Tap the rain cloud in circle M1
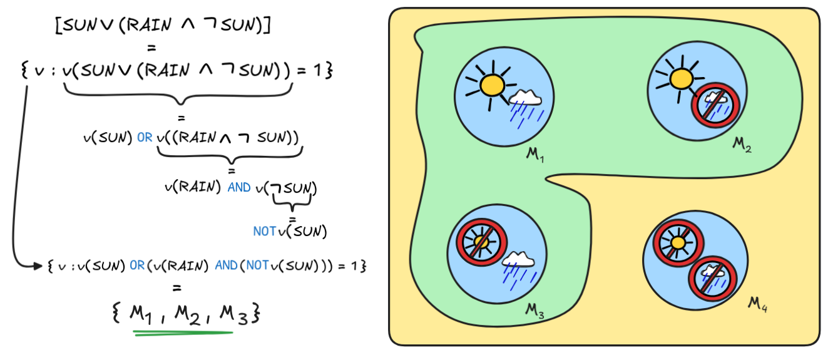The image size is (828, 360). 525,104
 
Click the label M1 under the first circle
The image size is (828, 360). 536,153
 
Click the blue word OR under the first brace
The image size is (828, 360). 145,137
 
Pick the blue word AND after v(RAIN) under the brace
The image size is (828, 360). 240,187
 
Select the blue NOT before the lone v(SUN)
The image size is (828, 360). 264,231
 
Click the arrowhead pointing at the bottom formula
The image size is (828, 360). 38,266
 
